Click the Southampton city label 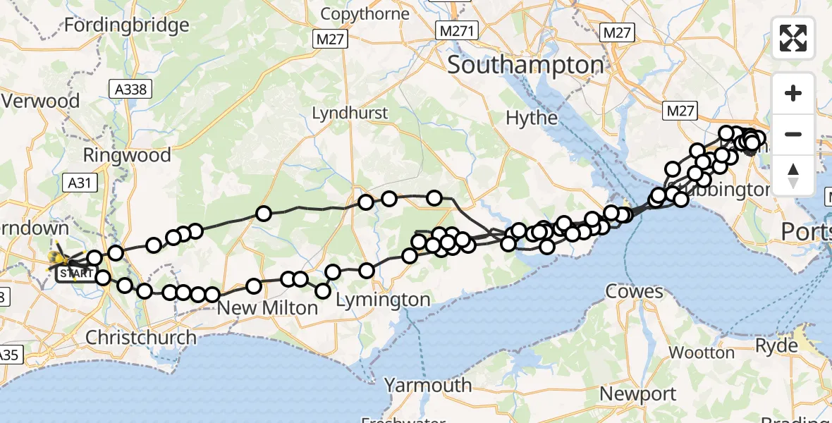525,65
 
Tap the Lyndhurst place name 350,113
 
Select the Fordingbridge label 127,25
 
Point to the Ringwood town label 127,154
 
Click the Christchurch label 141,337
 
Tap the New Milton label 267,307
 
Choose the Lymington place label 383,300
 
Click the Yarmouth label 428,385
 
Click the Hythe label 532,117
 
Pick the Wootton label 701,352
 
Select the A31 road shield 82,183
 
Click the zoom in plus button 793,93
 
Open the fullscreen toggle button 793,38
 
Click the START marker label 75,273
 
